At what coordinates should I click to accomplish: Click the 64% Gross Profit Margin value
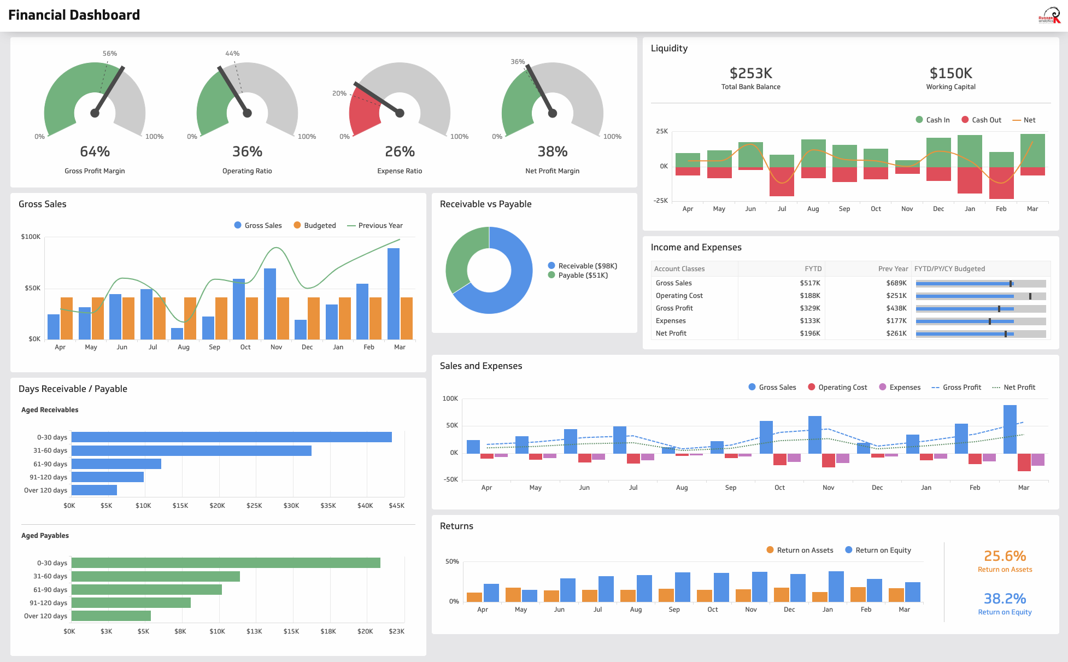click(x=95, y=151)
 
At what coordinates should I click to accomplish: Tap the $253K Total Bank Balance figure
click(x=750, y=73)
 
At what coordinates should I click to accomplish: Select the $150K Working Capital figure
click(x=950, y=73)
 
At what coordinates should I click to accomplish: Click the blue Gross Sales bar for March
click(x=394, y=294)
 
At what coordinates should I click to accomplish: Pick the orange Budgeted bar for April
click(x=67, y=318)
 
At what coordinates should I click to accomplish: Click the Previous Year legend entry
click(x=375, y=226)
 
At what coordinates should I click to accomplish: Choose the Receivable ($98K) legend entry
click(x=583, y=266)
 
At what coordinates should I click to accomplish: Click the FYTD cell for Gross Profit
click(x=809, y=308)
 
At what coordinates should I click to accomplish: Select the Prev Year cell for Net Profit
click(x=896, y=333)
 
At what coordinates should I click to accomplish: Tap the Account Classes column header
click(x=679, y=269)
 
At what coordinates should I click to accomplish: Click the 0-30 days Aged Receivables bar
click(x=231, y=437)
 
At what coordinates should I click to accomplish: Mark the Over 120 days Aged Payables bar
click(x=111, y=616)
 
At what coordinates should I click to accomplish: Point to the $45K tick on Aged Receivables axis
click(x=396, y=506)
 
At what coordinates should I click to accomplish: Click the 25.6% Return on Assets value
click(x=1005, y=556)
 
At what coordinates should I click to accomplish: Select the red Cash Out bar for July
click(x=782, y=181)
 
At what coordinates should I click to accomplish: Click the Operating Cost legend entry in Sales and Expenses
click(x=837, y=388)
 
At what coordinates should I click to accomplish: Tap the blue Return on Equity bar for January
click(x=836, y=587)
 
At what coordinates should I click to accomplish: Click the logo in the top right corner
click(x=1049, y=15)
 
